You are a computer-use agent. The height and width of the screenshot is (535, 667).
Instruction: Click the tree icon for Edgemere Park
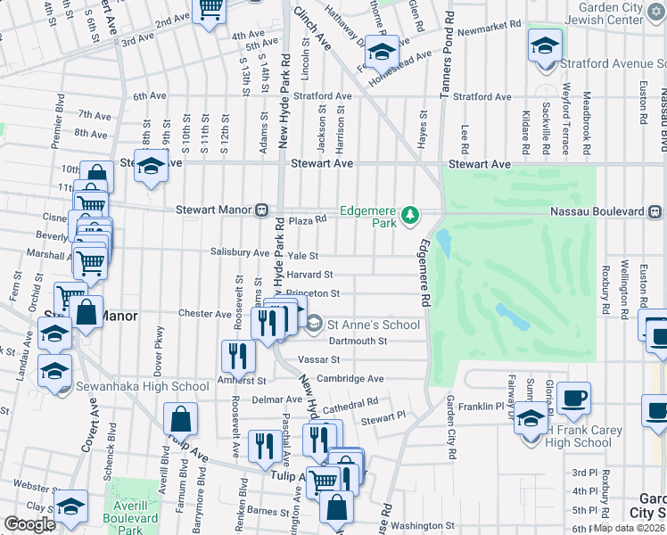coord(409,215)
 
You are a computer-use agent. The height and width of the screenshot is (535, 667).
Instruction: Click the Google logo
coord(29,524)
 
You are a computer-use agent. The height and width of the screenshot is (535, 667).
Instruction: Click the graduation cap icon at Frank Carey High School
coord(531,417)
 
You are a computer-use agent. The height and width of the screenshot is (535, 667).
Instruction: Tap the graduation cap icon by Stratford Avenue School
coord(544,45)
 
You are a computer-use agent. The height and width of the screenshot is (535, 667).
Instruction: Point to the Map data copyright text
coord(628,528)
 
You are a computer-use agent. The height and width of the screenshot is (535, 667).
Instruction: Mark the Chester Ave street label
coord(204,314)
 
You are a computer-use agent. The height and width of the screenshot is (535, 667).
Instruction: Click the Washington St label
coord(423,526)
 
